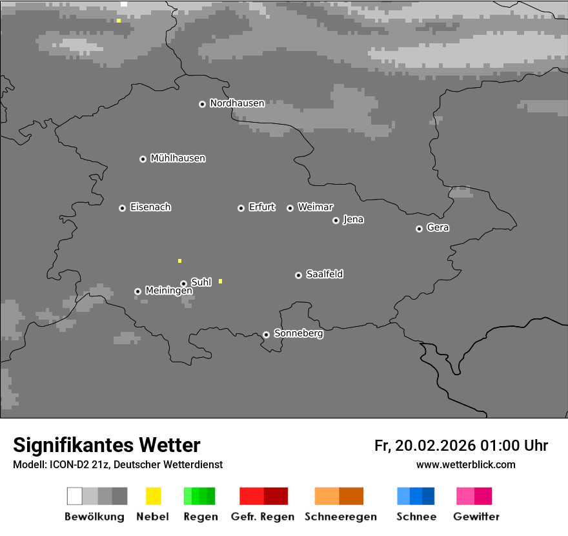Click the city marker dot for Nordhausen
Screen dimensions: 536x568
tap(202, 104)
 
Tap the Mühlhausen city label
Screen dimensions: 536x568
tap(177, 158)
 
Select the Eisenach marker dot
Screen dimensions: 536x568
tap(122, 208)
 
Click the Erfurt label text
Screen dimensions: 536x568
tap(261, 207)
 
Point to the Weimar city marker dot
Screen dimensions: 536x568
tap(290, 208)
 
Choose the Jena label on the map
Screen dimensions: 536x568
tap(353, 220)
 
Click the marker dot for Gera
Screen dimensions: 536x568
tap(419, 229)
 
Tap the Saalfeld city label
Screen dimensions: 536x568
tap(324, 274)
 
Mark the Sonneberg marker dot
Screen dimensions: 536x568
tap(266, 335)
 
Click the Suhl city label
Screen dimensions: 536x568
tap(201, 282)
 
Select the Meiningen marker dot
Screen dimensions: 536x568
tap(137, 291)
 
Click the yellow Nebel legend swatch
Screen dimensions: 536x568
tap(153, 496)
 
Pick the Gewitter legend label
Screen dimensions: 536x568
tap(476, 517)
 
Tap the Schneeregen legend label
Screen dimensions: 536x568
tap(339, 517)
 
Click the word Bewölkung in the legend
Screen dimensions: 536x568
tap(94, 517)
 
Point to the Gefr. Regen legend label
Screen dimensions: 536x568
tap(263, 517)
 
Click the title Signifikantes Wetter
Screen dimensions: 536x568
tap(107, 445)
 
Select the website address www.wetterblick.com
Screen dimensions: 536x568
tap(465, 464)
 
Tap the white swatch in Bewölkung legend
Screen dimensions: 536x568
tap(75, 496)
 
